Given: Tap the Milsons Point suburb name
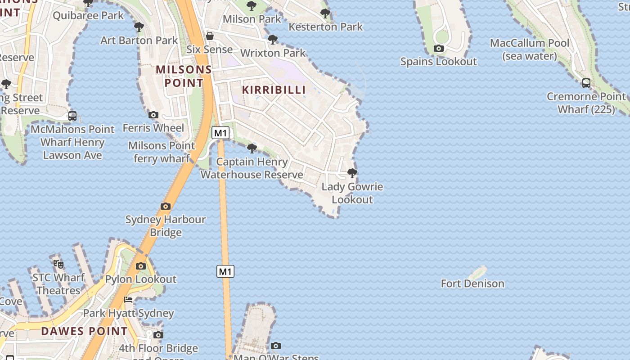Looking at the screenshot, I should [x=184, y=76].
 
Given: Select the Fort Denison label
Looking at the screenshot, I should [x=472, y=283].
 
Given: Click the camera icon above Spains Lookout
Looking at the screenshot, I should [x=439, y=49].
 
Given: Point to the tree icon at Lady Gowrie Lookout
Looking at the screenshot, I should [x=352, y=173].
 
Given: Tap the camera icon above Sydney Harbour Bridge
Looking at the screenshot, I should [x=166, y=206].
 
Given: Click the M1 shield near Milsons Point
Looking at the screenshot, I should [x=220, y=133].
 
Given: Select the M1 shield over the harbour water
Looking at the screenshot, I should [x=225, y=271].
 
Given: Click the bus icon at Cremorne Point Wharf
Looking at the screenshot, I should [x=586, y=83].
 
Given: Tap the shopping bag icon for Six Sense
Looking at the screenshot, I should [x=210, y=36].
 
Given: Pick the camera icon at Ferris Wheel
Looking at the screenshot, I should [x=153, y=115].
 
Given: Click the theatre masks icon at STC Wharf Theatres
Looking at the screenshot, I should [x=58, y=264].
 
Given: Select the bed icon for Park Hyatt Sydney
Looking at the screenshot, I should [x=129, y=300].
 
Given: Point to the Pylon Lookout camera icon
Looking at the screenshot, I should [x=141, y=266].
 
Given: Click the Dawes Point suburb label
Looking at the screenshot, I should [x=85, y=331].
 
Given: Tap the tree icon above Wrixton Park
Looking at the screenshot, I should [x=273, y=40].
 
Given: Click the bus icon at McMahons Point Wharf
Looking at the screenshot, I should [x=72, y=116].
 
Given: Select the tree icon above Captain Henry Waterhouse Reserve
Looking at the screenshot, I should [x=252, y=148].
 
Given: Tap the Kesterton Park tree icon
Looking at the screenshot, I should [x=325, y=13].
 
